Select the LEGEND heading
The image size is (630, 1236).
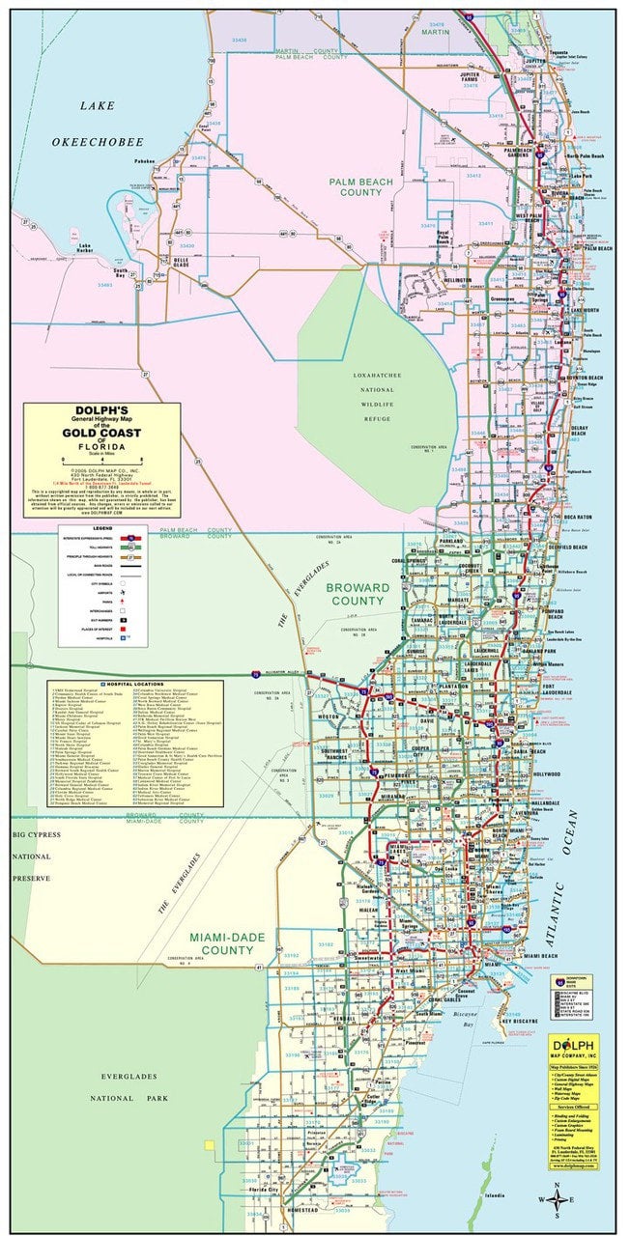click(103, 528)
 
